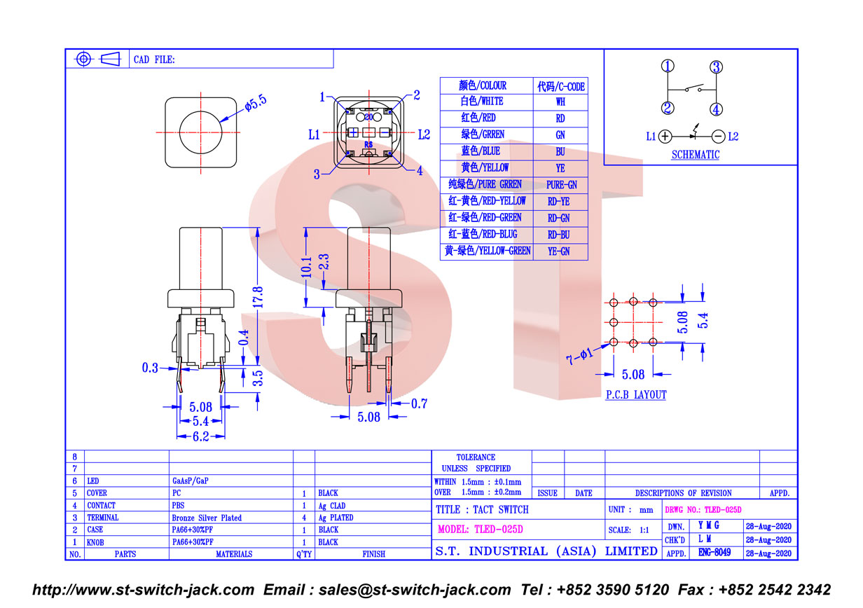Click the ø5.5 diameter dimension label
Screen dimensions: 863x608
click(256, 103)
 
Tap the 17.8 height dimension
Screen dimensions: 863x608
click(258, 297)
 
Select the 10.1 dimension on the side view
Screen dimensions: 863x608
click(306, 267)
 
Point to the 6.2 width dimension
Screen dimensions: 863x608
click(201, 436)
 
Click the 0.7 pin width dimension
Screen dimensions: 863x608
click(419, 403)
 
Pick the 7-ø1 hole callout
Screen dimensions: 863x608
click(579, 356)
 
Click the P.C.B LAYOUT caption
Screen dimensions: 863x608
click(636, 395)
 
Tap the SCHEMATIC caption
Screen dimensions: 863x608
click(696, 155)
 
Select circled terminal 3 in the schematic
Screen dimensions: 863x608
click(716, 67)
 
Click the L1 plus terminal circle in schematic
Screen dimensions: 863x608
click(665, 137)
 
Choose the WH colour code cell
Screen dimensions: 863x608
click(560, 102)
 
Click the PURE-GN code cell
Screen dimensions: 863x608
click(560, 185)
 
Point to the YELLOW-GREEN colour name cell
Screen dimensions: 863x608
click(487, 251)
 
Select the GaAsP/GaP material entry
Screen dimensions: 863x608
click(191, 481)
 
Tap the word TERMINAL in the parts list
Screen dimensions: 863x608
click(102, 518)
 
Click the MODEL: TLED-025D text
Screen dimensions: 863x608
click(481, 530)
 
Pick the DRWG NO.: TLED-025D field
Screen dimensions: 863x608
click(703, 510)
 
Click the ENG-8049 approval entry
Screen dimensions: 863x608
click(714, 553)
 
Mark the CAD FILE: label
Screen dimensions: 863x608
click(154, 60)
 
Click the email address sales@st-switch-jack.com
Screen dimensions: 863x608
click(415, 590)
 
